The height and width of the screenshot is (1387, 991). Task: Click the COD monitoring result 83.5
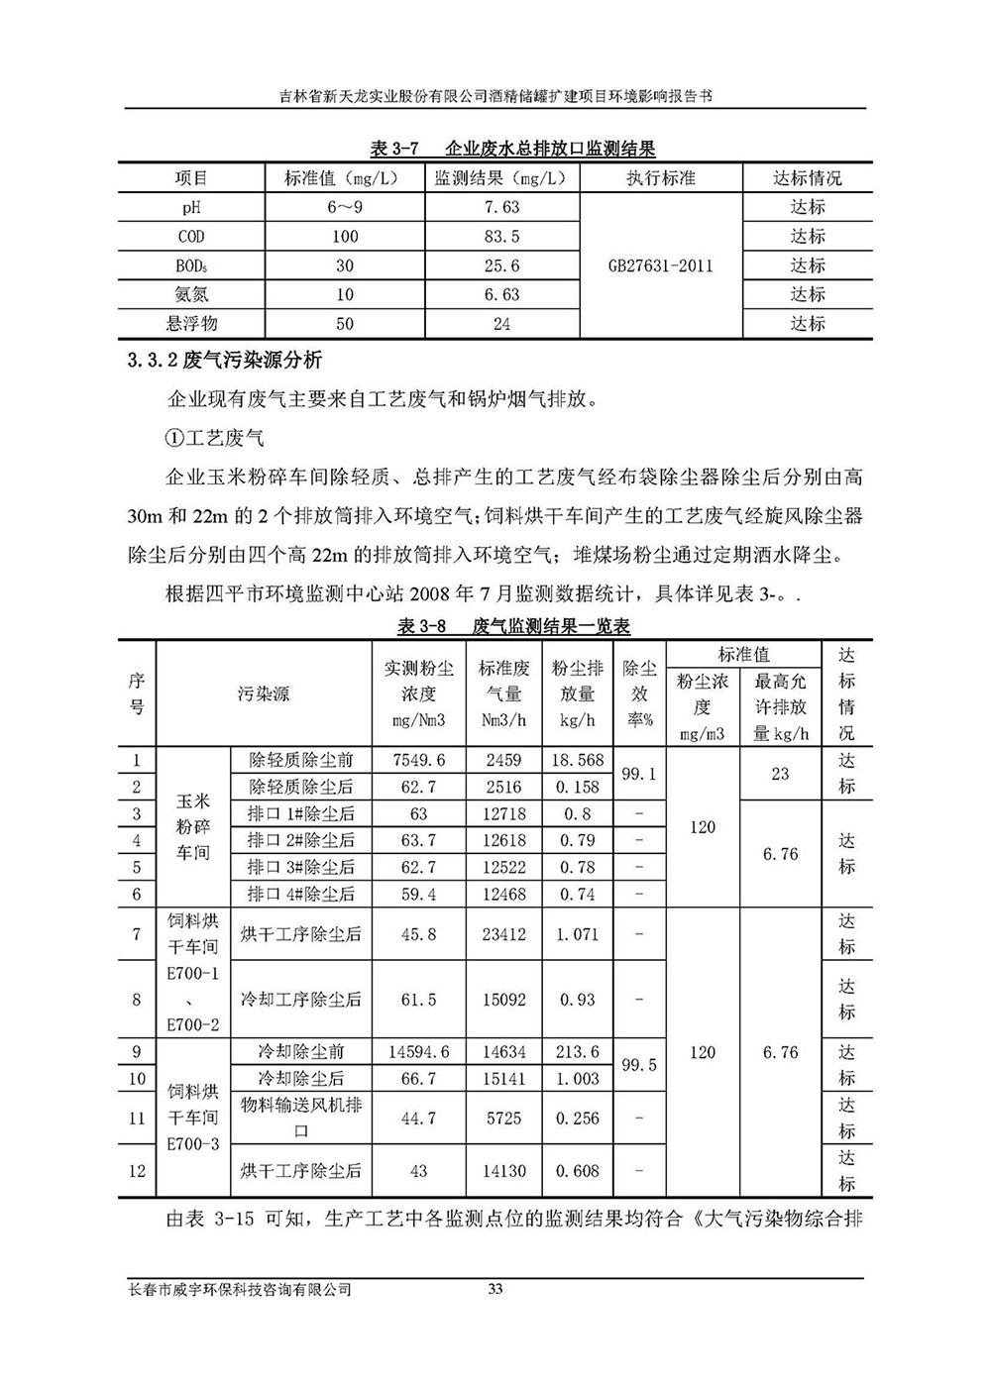[501, 237]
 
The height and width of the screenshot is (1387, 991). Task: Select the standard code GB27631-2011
[660, 266]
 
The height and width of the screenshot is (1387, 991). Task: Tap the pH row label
[191, 207]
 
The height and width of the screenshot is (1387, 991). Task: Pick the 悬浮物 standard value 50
[345, 324]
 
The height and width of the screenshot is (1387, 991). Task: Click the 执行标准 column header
[660, 178]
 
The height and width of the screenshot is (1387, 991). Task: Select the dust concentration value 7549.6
[419, 760]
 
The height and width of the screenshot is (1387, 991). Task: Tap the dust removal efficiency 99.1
[638, 774]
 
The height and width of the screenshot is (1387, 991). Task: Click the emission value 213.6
[578, 1052]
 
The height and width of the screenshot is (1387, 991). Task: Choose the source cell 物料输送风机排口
[301, 1118]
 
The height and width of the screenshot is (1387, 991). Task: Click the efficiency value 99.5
[638, 1065]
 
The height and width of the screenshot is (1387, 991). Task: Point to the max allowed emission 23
[780, 774]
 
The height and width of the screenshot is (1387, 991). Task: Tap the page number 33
[496, 1289]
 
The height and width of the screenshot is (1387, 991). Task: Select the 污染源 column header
[263, 693]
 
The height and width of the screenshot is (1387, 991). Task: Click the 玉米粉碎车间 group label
[193, 826]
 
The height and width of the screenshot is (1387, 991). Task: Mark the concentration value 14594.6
[419, 1052]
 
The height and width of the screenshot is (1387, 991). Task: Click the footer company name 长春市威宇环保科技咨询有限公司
[241, 1290]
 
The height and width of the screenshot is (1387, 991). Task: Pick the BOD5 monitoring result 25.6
[501, 266]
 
